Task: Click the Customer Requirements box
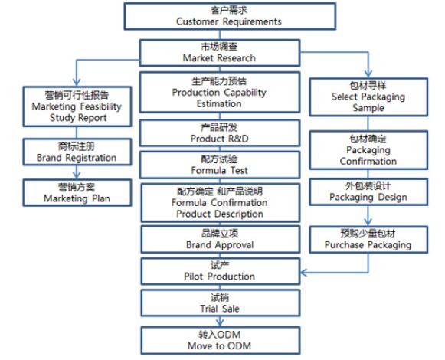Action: click(230, 16)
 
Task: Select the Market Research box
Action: click(220, 53)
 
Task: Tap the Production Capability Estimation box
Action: click(220, 92)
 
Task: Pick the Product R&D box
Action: click(220, 133)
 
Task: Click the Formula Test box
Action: click(220, 165)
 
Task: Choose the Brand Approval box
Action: click(221, 239)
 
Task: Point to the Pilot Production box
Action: click(221, 271)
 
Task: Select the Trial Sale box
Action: click(221, 303)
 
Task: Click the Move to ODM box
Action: click(221, 340)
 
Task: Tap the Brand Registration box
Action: click(77, 152)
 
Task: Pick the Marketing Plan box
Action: click(77, 192)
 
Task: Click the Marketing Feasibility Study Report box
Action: click(77, 106)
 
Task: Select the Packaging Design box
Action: click(368, 191)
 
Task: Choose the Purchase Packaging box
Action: click(368, 239)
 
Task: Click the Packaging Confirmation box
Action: click(368, 150)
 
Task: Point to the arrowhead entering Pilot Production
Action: click(303, 273)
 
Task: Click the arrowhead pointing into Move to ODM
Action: click(220, 322)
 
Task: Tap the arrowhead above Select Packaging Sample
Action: click(368, 74)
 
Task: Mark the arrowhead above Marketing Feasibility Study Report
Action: click(77, 82)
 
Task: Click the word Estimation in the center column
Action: click(219, 103)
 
